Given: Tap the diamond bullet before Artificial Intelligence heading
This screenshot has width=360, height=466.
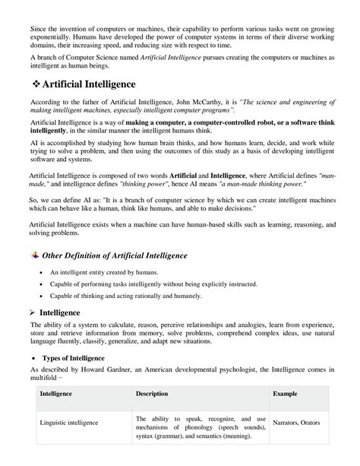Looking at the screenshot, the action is (36, 82).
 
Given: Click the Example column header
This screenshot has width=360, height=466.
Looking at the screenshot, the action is (286, 394).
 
